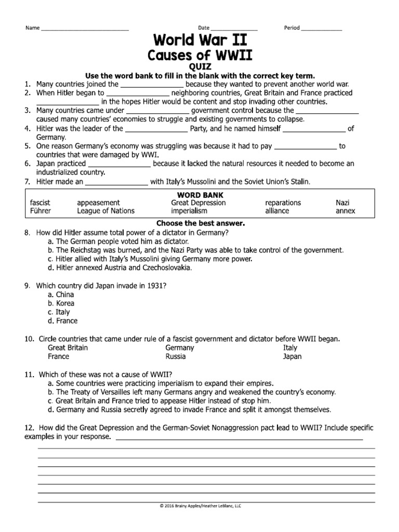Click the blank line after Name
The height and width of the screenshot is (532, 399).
tap(85, 29)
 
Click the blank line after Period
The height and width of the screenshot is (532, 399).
tap(321, 29)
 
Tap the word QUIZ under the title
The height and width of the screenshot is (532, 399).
tap(200, 66)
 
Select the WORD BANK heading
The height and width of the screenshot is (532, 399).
tap(200, 194)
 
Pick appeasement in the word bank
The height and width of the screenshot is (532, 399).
tap(98, 203)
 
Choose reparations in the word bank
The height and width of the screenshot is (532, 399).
tap(283, 203)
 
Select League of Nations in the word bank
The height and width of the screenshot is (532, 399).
tap(105, 211)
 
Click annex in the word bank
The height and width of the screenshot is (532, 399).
tap(345, 211)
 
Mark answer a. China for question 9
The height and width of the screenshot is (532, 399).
tap(61, 295)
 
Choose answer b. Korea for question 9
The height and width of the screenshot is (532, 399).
tap(61, 303)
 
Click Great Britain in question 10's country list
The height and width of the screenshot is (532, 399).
tap(68, 348)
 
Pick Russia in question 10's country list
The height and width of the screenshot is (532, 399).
tap(175, 357)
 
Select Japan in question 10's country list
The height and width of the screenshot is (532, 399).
tap(292, 357)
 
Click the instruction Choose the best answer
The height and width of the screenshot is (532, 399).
tap(200, 223)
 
